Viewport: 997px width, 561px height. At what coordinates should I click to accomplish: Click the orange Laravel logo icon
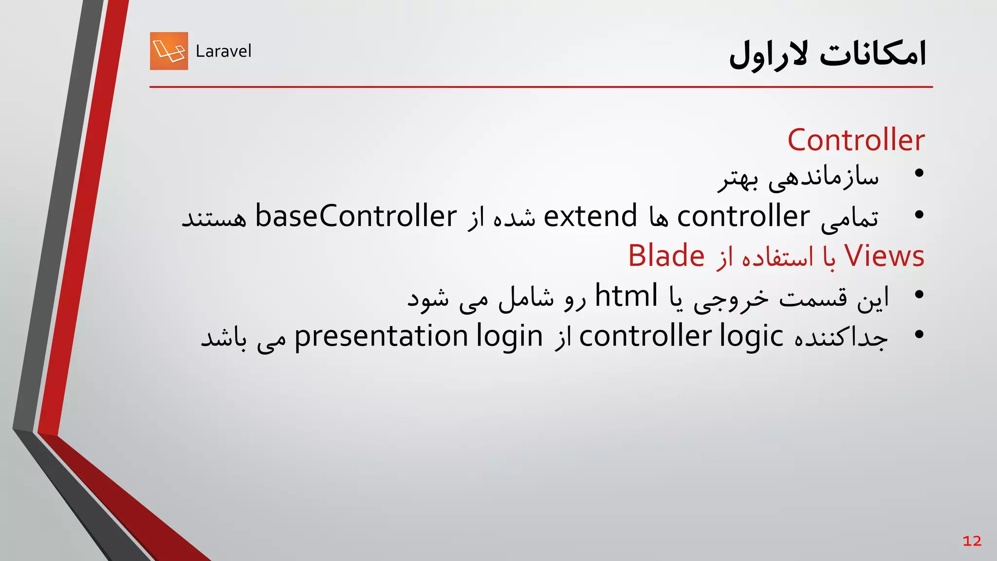169,51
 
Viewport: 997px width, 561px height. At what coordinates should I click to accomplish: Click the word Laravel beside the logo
223,51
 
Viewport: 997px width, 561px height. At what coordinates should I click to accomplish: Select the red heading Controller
856,140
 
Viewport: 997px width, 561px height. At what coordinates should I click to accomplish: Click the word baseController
356,216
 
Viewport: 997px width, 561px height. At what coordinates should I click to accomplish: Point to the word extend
590,216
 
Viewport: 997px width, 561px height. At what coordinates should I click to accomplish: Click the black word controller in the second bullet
743,216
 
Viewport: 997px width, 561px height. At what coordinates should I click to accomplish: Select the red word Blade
666,256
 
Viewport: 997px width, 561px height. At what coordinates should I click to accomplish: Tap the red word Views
884,256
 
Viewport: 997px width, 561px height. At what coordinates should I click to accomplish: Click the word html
626,296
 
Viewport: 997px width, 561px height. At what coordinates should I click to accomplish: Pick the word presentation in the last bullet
381,336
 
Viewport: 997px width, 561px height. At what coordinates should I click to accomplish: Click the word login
509,337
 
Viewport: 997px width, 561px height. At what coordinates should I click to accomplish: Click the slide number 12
972,541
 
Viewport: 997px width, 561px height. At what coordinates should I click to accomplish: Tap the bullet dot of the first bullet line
919,173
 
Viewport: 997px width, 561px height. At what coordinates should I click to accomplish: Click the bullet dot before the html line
919,294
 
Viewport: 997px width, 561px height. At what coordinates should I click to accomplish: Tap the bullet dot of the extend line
919,214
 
